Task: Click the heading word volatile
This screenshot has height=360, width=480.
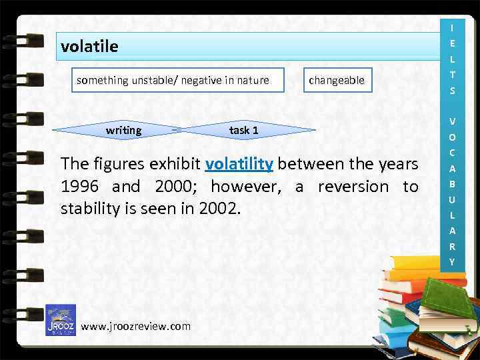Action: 89,47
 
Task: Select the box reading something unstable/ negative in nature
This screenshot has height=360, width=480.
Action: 173,80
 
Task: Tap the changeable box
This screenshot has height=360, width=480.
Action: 337,80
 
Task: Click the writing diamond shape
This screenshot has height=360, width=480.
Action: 124,130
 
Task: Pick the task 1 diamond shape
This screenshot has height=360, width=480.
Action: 244,130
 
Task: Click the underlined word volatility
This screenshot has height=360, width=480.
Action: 239,164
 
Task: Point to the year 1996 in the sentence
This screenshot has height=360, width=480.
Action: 81,187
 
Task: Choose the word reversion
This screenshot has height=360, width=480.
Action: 352,187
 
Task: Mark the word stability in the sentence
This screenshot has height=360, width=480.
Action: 89,209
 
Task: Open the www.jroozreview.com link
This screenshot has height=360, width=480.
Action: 135,326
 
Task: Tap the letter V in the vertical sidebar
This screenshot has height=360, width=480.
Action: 453,121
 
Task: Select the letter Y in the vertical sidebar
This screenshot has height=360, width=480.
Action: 453,262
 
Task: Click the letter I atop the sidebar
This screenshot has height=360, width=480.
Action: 453,28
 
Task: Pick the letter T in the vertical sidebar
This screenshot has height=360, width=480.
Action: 453,75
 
